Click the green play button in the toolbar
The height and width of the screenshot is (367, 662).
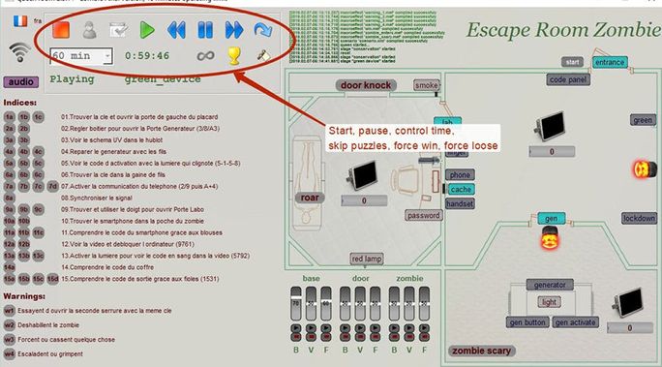click(x=146, y=31)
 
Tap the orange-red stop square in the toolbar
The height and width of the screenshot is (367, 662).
click(x=60, y=31)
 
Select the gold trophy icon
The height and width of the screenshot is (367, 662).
click(x=233, y=56)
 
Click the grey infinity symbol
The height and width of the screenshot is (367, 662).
click(x=203, y=56)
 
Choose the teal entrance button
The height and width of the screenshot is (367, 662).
click(x=610, y=63)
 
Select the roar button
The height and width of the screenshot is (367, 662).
click(x=309, y=198)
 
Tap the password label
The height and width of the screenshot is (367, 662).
click(x=423, y=215)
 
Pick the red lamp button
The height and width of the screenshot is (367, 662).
click(x=368, y=259)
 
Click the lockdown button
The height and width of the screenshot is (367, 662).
click(x=639, y=218)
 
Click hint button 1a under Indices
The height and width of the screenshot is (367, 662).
click(x=10, y=116)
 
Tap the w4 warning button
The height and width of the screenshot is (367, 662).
click(x=11, y=354)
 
